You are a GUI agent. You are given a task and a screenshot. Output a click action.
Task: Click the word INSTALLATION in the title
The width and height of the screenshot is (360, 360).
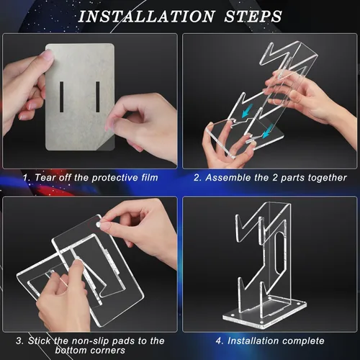pyautogui.click(x=146, y=17)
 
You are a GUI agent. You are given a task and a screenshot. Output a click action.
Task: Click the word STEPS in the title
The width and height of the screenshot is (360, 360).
pyautogui.click(x=253, y=17)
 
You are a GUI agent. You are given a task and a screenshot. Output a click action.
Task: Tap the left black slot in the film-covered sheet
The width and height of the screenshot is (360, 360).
pyautogui.click(x=62, y=96)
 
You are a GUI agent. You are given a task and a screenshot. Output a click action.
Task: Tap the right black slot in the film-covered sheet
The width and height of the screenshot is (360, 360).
pyautogui.click(x=98, y=96)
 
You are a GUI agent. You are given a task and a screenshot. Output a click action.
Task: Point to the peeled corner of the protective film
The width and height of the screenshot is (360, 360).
pyautogui.click(x=106, y=145)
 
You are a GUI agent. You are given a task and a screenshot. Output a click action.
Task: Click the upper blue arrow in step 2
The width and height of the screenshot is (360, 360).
pyautogui.click(x=246, y=112)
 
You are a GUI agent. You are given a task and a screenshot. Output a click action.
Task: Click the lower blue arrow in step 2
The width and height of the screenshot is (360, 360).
pyautogui.click(x=267, y=132)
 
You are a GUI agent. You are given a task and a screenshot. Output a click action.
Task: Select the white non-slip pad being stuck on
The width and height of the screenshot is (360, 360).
pyautogui.click(x=98, y=225)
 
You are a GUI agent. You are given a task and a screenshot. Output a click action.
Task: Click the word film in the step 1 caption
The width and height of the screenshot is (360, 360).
pyautogui.click(x=150, y=178)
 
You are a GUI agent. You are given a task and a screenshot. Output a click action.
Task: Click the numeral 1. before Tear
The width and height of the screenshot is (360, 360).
pyautogui.click(x=27, y=178)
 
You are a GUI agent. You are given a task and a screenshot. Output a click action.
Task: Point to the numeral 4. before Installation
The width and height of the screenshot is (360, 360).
pyautogui.click(x=220, y=341)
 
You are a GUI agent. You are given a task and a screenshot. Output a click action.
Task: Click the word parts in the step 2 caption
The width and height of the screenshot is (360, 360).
pyautogui.click(x=292, y=178)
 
